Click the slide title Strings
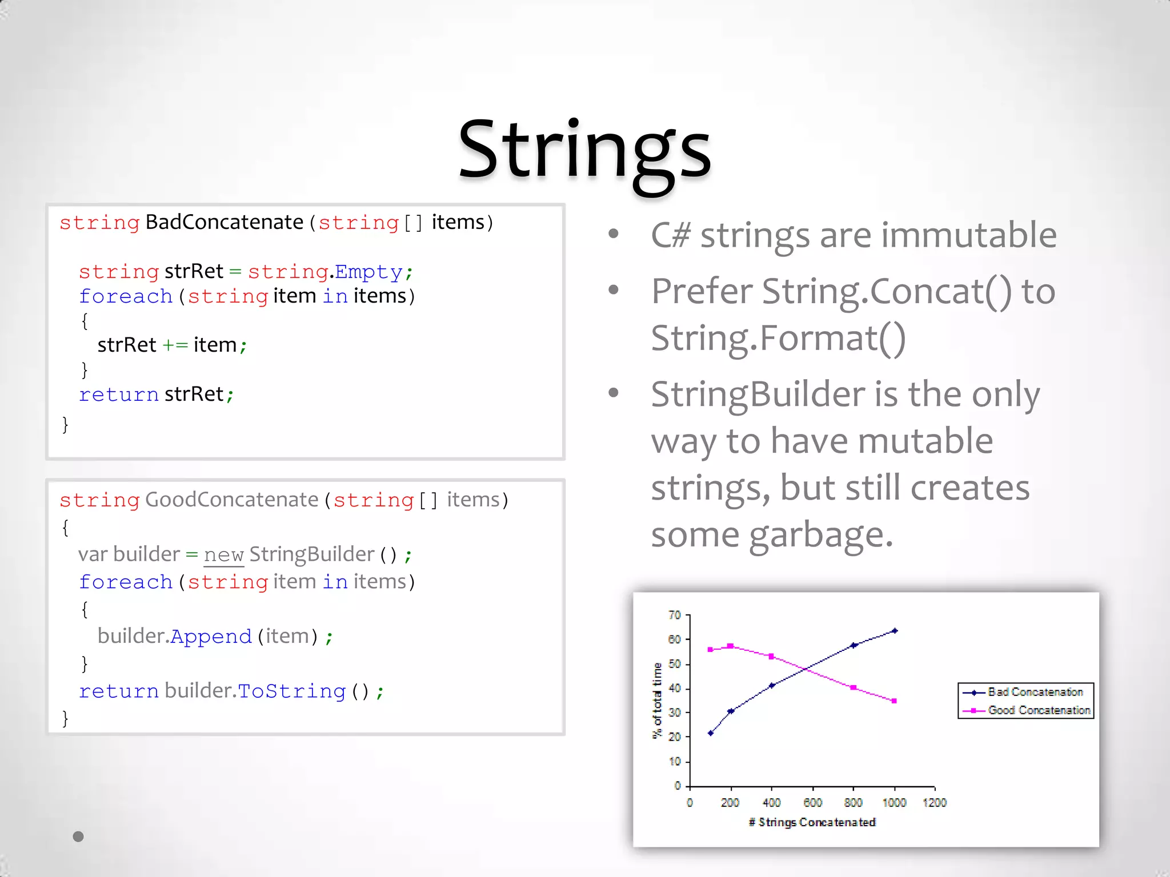(x=584, y=150)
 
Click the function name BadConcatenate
(x=224, y=222)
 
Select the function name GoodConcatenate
(x=231, y=500)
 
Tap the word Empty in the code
(x=368, y=272)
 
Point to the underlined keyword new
(x=223, y=555)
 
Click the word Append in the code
(x=211, y=636)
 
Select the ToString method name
(x=291, y=691)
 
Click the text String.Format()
(x=778, y=338)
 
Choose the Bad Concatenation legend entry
(x=1035, y=692)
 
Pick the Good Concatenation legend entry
(x=1039, y=710)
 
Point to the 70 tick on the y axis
(x=675, y=615)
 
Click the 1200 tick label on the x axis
(x=935, y=803)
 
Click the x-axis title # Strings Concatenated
(x=812, y=822)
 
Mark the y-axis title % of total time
(x=657, y=701)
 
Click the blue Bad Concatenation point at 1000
(x=895, y=631)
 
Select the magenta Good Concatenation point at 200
(x=731, y=646)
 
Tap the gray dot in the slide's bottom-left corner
(x=78, y=836)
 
